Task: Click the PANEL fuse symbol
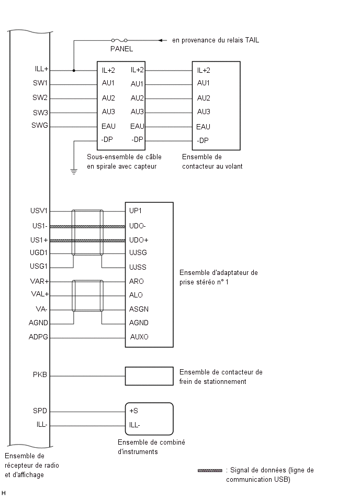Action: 119,40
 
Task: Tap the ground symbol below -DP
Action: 74,172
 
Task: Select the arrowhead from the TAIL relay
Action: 162,40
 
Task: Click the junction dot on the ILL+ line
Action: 74,70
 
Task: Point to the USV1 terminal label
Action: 39,211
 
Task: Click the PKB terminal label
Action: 40,374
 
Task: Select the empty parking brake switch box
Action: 149,376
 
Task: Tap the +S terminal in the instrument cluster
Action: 133,411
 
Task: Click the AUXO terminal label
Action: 139,337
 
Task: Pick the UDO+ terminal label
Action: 139,240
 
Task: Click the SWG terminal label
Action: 40,126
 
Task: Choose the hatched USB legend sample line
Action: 210,470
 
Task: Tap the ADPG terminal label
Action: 38,337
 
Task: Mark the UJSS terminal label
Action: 138,267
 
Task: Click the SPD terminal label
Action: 40,411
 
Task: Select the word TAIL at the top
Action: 252,40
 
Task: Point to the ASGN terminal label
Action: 139,309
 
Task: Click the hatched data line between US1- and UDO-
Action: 88,227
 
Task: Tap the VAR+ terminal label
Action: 40,281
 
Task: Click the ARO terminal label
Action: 137,281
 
